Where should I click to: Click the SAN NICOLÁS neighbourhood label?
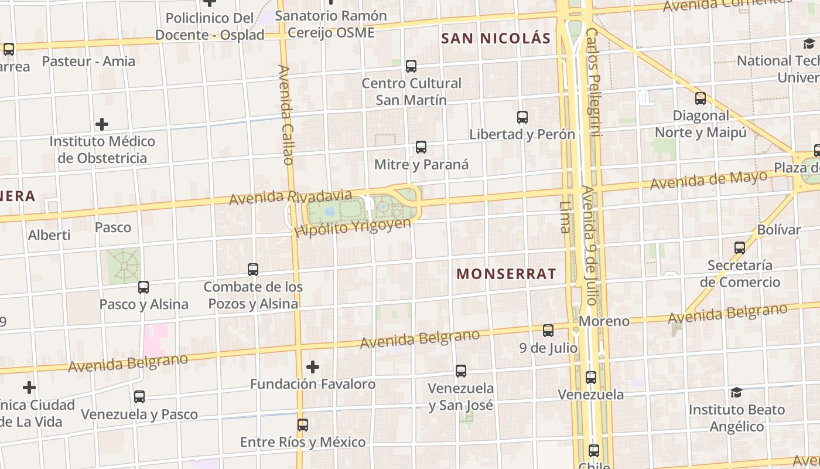[496, 39]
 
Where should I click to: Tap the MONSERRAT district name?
[506, 274]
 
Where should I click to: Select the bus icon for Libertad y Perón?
[522, 117]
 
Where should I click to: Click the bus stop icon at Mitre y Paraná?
[421, 147]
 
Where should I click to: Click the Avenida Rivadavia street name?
[291, 197]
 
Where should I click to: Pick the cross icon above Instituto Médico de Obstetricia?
[102, 124]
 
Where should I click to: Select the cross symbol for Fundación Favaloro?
[313, 367]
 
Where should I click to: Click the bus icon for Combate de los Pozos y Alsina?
[253, 270]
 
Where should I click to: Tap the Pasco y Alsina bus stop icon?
[143, 287]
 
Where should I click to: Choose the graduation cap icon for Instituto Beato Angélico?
[736, 392]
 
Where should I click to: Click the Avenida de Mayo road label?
[709, 180]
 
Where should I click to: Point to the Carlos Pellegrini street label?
[593, 82]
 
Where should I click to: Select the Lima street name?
[565, 217]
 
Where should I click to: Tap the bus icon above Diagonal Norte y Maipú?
[701, 98]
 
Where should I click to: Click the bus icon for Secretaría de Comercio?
[740, 248]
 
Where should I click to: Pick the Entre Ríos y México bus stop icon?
[303, 425]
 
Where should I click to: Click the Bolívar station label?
[778, 229]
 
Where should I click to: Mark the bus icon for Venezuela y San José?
[461, 371]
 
